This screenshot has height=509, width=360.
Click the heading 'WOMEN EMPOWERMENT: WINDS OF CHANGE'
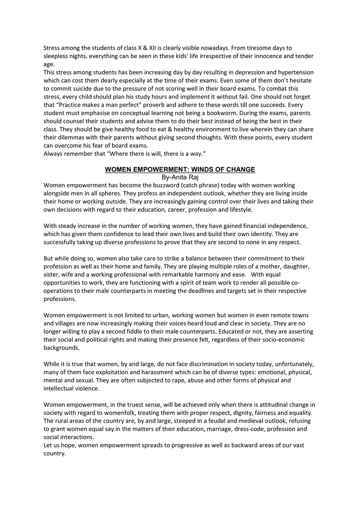[x=180, y=169]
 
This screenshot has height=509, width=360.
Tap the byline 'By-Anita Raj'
[x=180, y=178]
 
